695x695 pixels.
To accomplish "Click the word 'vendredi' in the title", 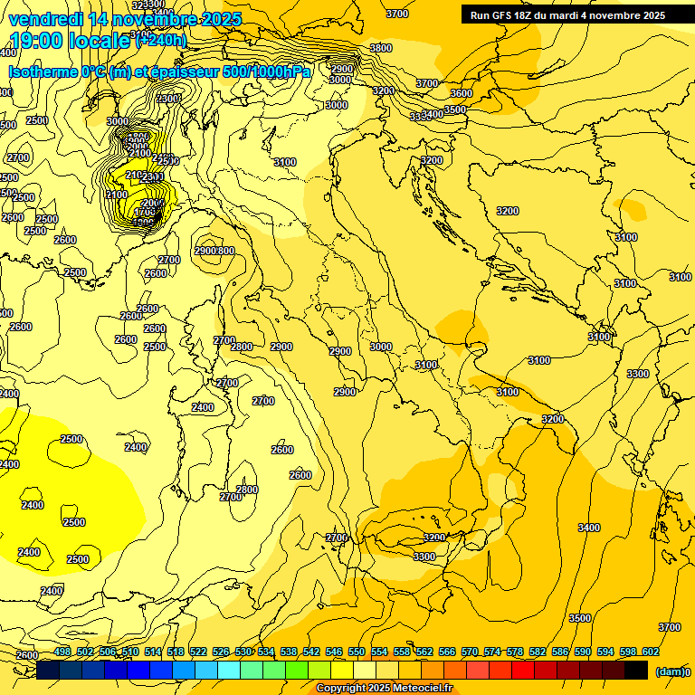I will coord(42,19).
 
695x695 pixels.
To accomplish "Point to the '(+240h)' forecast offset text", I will coord(161,40).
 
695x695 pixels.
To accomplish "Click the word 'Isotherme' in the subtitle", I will coord(43,71).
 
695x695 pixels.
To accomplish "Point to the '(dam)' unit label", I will coord(669,671).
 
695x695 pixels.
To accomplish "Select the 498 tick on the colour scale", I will coord(62,652).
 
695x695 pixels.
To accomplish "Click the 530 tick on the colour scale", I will coord(243,652).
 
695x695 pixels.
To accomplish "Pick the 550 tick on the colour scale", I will coord(357,652).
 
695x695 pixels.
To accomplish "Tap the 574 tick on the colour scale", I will coord(492,652).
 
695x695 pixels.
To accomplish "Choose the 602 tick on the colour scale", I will coord(651,652).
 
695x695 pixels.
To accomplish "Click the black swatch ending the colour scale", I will coord(636,670).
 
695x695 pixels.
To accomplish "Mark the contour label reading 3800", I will coord(381,48).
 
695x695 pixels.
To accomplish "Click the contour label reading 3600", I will coord(462,93).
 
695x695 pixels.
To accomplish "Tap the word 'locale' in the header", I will coord(100,40).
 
